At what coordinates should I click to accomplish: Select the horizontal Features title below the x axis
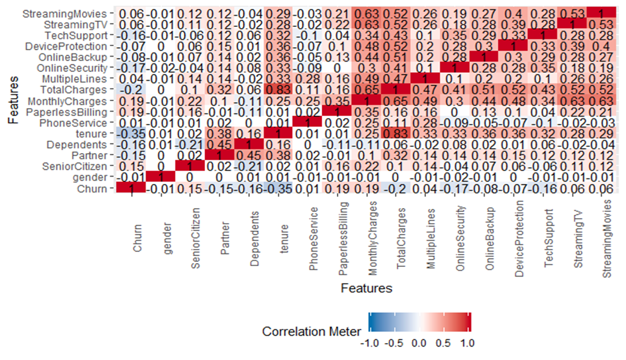[x=367, y=289]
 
